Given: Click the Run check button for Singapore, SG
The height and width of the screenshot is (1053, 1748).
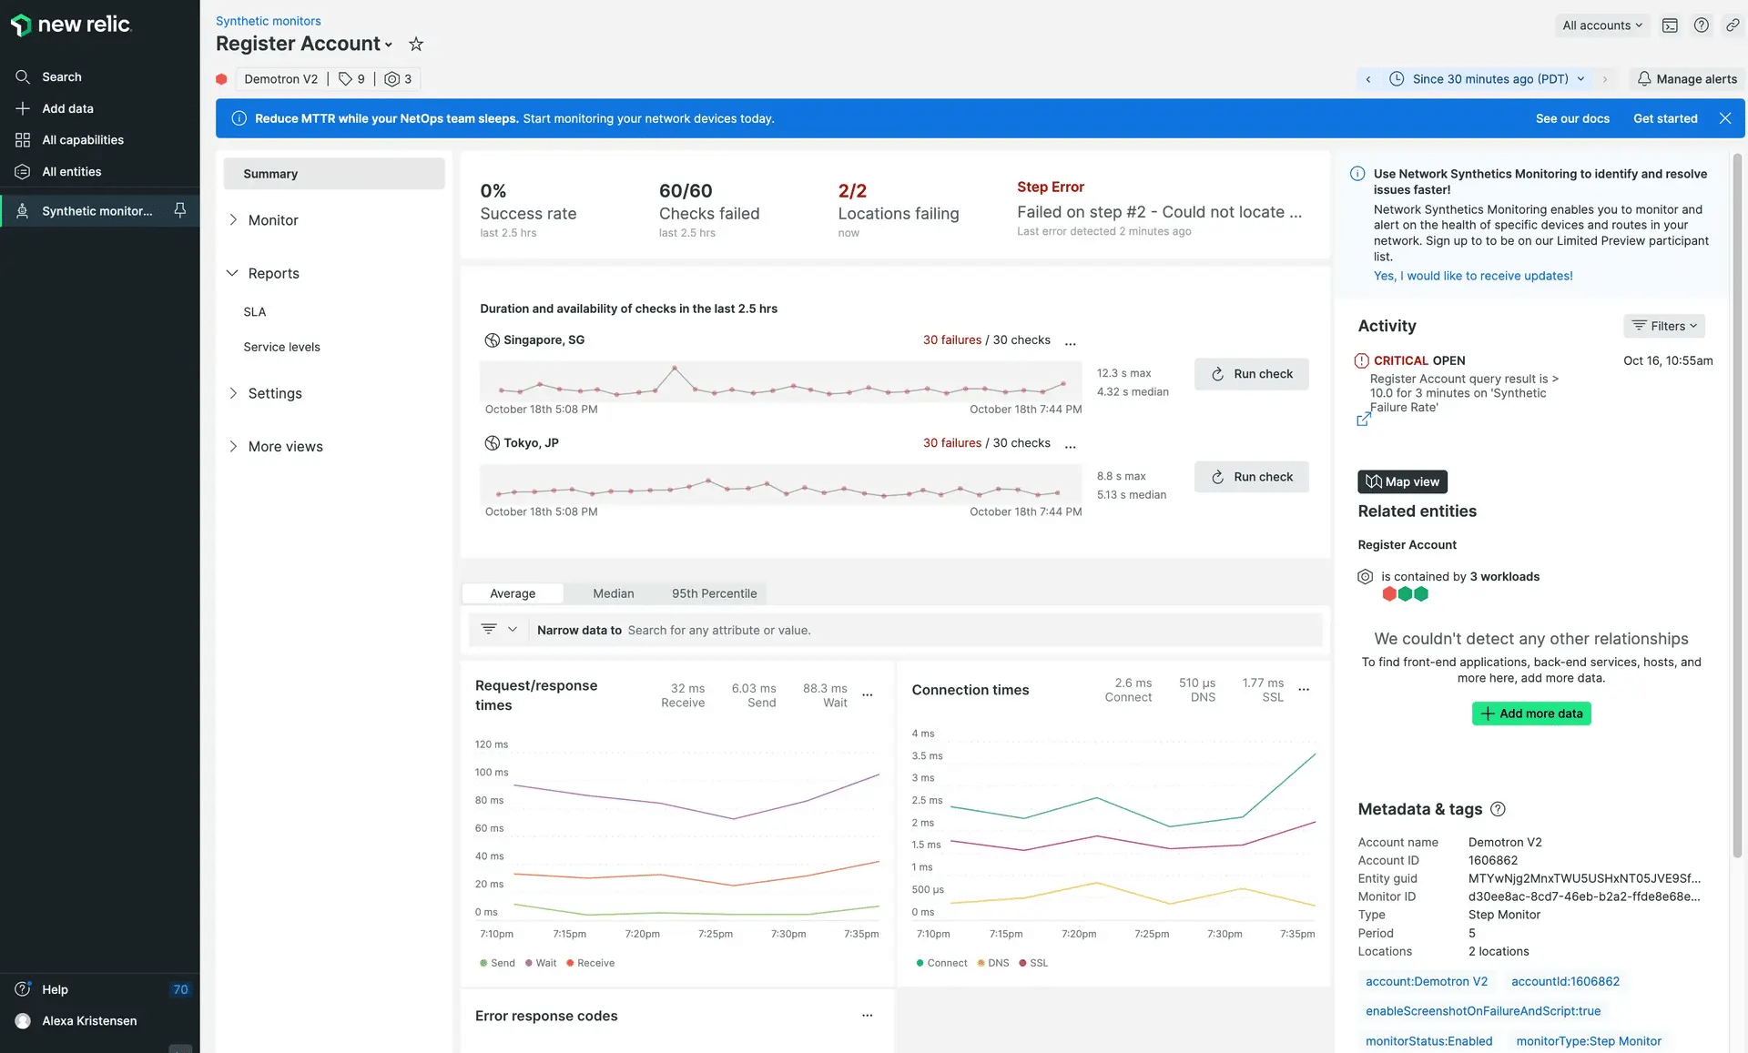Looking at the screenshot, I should [x=1251, y=374].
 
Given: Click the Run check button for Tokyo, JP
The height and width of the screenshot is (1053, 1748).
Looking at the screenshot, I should [x=1251, y=477].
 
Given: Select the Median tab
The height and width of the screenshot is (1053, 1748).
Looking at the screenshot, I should [x=613, y=593].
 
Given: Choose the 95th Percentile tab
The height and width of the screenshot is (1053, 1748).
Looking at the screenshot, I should [x=714, y=593].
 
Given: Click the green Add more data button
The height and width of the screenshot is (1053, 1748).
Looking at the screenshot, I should [x=1530, y=714].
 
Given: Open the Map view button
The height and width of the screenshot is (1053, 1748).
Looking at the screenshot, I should [x=1402, y=481].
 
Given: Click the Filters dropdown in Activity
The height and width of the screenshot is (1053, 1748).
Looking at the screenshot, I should [x=1663, y=326].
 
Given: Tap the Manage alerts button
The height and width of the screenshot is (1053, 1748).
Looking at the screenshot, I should [x=1686, y=79].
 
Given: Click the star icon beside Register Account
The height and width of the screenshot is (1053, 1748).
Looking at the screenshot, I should [x=416, y=44].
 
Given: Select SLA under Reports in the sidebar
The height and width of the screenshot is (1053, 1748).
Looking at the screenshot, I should [x=255, y=312].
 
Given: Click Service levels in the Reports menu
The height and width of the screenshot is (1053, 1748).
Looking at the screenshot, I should [x=281, y=347].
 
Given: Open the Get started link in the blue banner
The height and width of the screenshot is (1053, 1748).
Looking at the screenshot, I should [x=1664, y=118].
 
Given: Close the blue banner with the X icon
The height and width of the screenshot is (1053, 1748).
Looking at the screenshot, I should [x=1724, y=118].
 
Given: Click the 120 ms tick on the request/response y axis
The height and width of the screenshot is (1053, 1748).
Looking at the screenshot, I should [x=491, y=744].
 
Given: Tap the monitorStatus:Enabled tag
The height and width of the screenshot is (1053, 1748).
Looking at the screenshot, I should [x=1428, y=1041].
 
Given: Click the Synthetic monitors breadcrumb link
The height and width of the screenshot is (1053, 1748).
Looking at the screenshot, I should [x=268, y=21].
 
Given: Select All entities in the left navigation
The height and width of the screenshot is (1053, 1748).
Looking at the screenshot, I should [x=72, y=172].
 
